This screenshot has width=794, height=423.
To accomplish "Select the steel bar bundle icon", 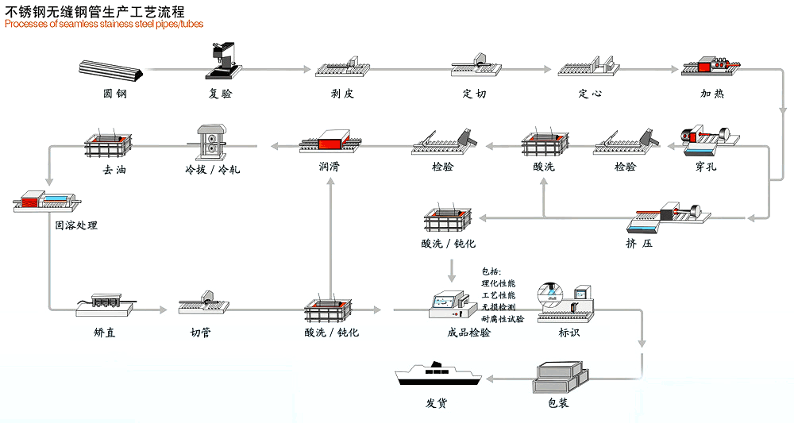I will point(113,71).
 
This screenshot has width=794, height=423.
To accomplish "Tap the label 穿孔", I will point(705,167).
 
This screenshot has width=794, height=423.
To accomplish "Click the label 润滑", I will point(330,167).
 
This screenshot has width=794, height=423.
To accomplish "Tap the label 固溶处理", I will point(75,225).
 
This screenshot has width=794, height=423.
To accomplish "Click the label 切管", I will point(200,333).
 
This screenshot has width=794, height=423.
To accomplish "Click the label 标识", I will point(569,333).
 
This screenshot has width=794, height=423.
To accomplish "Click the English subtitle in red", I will point(104,24).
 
